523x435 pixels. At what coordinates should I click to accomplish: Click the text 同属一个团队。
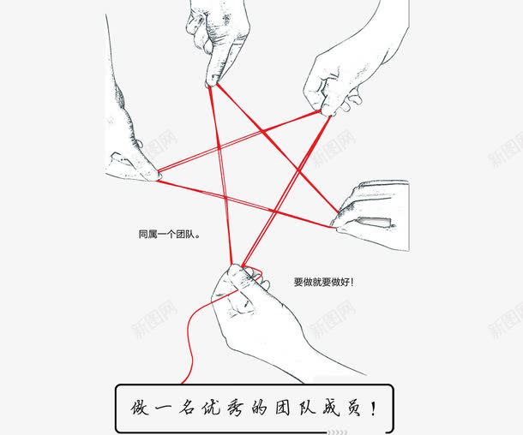click(x=170, y=235)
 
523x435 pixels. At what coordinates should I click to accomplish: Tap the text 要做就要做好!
click(x=323, y=282)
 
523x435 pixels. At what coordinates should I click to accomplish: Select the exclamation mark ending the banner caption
click(x=373, y=408)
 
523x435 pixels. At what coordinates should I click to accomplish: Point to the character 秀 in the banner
click(x=236, y=408)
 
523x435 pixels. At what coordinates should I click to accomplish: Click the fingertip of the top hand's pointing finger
click(x=212, y=82)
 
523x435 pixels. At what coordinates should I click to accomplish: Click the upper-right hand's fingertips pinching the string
click(x=326, y=112)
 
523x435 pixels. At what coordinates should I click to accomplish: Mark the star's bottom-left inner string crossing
click(x=225, y=198)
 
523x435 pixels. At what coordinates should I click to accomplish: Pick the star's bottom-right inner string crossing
click(x=274, y=211)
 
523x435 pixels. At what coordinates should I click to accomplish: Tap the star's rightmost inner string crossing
click(x=298, y=171)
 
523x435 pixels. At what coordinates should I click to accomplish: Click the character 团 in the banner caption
click(x=283, y=408)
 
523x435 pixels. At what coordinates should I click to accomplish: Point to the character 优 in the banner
click(x=212, y=408)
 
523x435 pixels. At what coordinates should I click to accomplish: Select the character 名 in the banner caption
click(x=188, y=408)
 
